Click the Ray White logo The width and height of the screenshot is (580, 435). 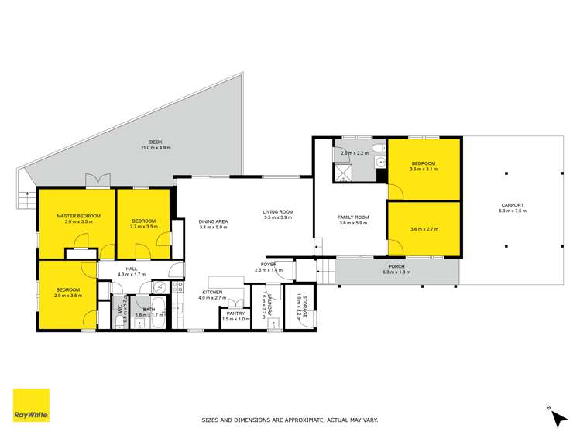click(x=31, y=406)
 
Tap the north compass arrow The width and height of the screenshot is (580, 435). click(x=558, y=417)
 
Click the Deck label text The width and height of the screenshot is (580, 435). click(x=156, y=141)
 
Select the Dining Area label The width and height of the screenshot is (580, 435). click(x=212, y=221)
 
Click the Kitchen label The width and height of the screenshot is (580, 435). click(x=212, y=291)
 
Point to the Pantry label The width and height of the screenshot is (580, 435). click(x=235, y=313)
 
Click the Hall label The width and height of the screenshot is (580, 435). click(x=131, y=268)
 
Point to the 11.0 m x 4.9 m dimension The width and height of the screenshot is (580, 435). click(x=156, y=147)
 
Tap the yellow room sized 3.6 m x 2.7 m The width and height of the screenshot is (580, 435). click(x=424, y=229)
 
